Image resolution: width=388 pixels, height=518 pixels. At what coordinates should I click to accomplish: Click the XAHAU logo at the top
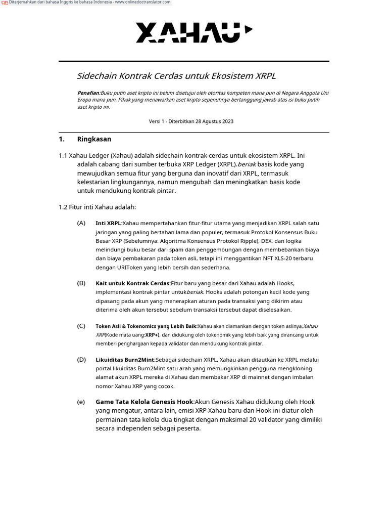tap(194, 32)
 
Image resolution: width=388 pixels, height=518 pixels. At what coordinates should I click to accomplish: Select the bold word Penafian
tap(88, 93)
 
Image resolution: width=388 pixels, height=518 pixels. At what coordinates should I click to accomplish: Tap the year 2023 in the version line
tap(227, 121)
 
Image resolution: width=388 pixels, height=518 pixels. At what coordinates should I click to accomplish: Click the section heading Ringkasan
tap(94, 139)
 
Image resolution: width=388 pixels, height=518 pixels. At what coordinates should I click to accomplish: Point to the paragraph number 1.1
tap(63, 156)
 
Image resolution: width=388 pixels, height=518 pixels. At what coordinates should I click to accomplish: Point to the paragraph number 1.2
tap(63, 207)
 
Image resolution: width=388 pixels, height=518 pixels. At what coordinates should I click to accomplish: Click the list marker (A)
tap(81, 223)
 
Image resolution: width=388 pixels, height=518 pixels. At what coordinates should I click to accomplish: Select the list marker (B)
tap(81, 283)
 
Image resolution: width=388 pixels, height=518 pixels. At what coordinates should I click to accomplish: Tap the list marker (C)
tap(81, 326)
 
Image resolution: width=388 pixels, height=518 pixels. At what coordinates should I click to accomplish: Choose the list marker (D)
tap(81, 360)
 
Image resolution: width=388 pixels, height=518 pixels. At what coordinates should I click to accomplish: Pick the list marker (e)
tap(81, 402)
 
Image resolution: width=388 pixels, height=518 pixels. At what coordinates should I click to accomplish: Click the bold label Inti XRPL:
tap(109, 223)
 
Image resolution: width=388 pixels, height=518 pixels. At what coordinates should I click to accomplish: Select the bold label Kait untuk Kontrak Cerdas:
tap(133, 283)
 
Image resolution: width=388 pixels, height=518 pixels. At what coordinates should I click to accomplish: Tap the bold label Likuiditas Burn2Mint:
tap(125, 360)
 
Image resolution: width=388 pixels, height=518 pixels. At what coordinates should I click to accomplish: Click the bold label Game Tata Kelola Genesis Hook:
tap(145, 402)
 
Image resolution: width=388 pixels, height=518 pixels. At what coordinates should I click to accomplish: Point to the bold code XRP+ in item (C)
tap(152, 335)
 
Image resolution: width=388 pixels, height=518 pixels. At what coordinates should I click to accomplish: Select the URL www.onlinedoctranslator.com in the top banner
tap(142, 3)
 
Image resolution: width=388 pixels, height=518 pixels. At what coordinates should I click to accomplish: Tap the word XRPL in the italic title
tap(265, 76)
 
